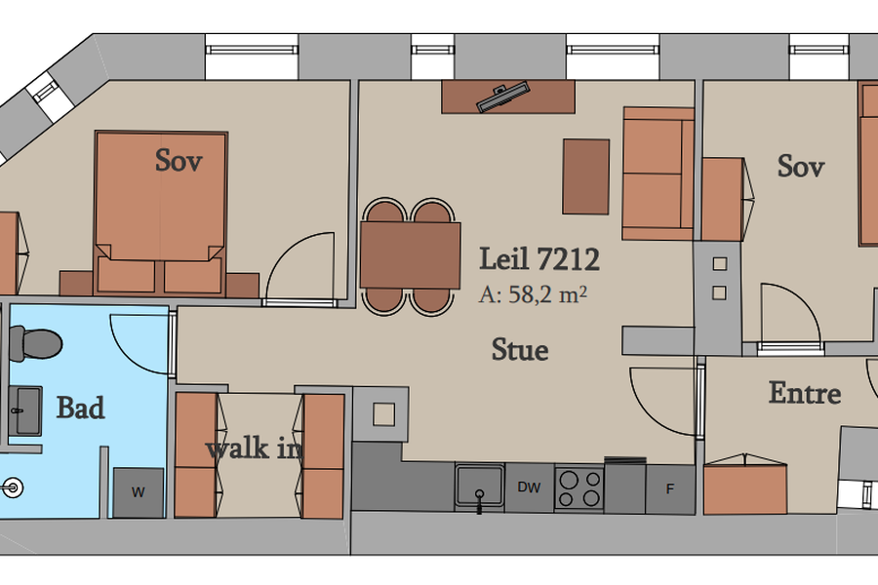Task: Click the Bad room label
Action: [x=81, y=409]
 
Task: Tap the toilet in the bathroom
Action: [x=35, y=343]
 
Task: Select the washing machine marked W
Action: [x=139, y=492]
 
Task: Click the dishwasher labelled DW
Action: [x=529, y=487]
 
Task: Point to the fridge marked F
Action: [x=670, y=489]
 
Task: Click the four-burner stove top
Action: [x=579, y=488]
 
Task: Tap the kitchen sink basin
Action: [x=479, y=486]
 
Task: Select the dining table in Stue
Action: [x=410, y=255]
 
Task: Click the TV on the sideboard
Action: [x=502, y=97]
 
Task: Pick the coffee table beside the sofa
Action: [x=585, y=176]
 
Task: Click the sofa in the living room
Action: [x=658, y=174]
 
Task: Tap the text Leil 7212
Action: [x=539, y=258]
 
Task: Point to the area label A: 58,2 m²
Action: [x=533, y=294]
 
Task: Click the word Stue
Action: [x=520, y=350]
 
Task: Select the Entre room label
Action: [x=805, y=393]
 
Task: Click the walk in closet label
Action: [x=255, y=448]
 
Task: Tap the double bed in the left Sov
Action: [x=161, y=213]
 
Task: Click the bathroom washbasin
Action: [x=25, y=410]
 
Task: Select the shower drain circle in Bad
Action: [x=13, y=487]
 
